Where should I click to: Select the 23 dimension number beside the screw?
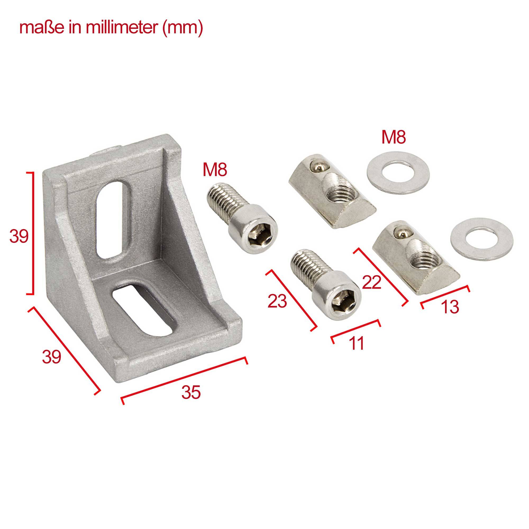pyautogui.click(x=277, y=301)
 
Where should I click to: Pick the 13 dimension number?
pyautogui.click(x=450, y=307)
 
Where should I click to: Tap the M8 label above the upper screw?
pyautogui.click(x=215, y=170)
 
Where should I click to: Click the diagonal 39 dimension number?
pyautogui.click(x=52, y=357)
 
